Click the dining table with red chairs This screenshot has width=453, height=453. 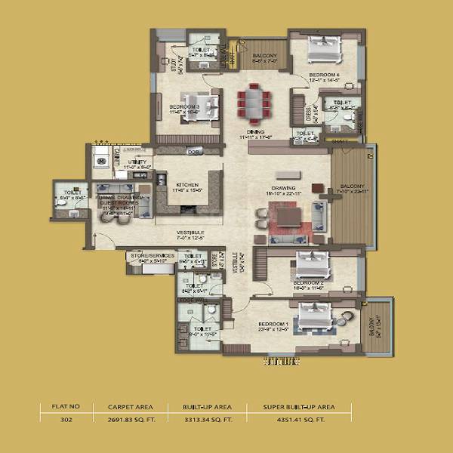tap(252, 103)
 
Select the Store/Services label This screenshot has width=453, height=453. tap(153, 257)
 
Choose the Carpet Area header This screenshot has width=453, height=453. tap(121, 407)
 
